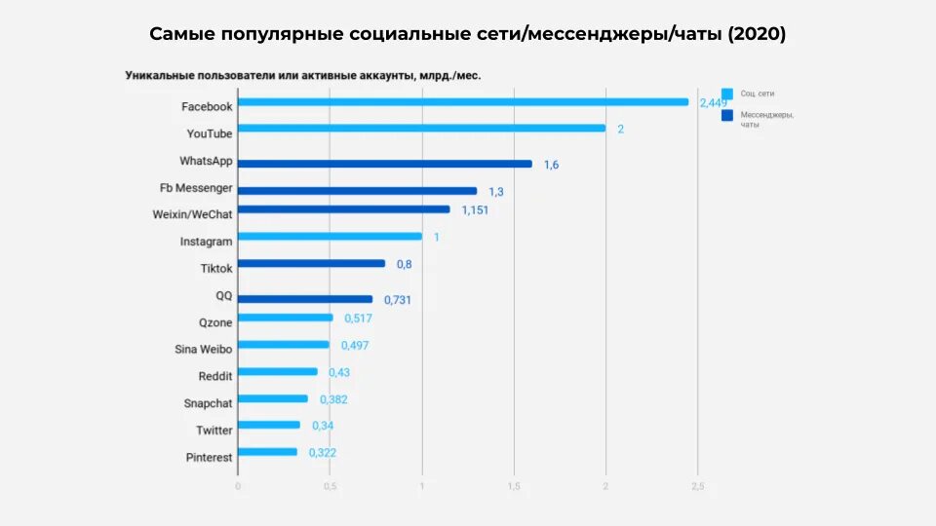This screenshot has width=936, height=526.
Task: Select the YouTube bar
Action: [421, 128]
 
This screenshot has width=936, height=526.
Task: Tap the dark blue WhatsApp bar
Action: [385, 164]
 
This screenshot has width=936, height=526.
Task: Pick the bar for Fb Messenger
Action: [358, 191]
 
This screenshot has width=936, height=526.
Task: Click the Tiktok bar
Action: [311, 263]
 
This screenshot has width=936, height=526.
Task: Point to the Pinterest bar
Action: [267, 452]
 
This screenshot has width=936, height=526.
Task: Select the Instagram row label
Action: [206, 242]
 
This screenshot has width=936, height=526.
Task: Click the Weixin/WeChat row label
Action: [192, 214]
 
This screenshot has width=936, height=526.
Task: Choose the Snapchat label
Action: [208, 403]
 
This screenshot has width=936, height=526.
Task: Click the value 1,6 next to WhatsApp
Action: [551, 165]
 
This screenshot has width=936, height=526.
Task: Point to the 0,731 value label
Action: [397, 300]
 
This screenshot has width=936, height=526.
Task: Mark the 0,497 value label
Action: [355, 346]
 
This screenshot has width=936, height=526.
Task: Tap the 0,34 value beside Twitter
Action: [323, 426]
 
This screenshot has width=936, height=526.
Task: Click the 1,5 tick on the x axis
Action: [513, 486]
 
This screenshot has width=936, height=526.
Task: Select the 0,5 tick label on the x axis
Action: [330, 486]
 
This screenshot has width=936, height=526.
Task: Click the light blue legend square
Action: [727, 94]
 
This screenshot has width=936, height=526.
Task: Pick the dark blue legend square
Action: [727, 115]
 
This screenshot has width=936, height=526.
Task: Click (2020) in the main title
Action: [756, 34]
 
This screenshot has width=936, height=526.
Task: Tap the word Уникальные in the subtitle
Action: [159, 75]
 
